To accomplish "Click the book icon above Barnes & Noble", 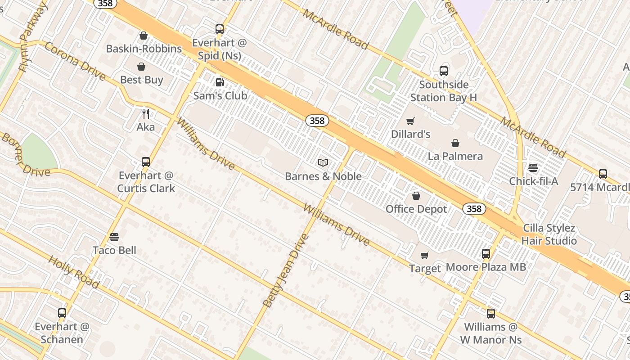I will tap(323, 162).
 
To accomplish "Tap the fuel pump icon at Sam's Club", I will tap(220, 82).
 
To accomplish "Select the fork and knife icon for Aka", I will tap(145, 113).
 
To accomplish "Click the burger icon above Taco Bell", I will tap(114, 237).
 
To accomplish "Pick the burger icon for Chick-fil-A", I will tap(533, 168).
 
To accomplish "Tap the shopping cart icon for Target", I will tap(424, 256).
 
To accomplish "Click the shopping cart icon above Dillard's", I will tap(410, 121).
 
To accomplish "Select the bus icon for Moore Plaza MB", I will tap(486, 254).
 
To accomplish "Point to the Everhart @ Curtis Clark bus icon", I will tap(146, 162).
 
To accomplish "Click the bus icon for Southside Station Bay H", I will tap(444, 71).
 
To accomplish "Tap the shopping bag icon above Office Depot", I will tap(416, 196).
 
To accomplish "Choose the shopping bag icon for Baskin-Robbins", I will tap(144, 36).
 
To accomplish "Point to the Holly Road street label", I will tap(74, 272).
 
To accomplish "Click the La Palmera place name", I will tap(455, 156).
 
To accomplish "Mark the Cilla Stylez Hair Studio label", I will tap(549, 234).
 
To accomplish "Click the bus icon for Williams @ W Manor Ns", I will tap(491, 314).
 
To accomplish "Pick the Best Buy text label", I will tap(142, 80).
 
